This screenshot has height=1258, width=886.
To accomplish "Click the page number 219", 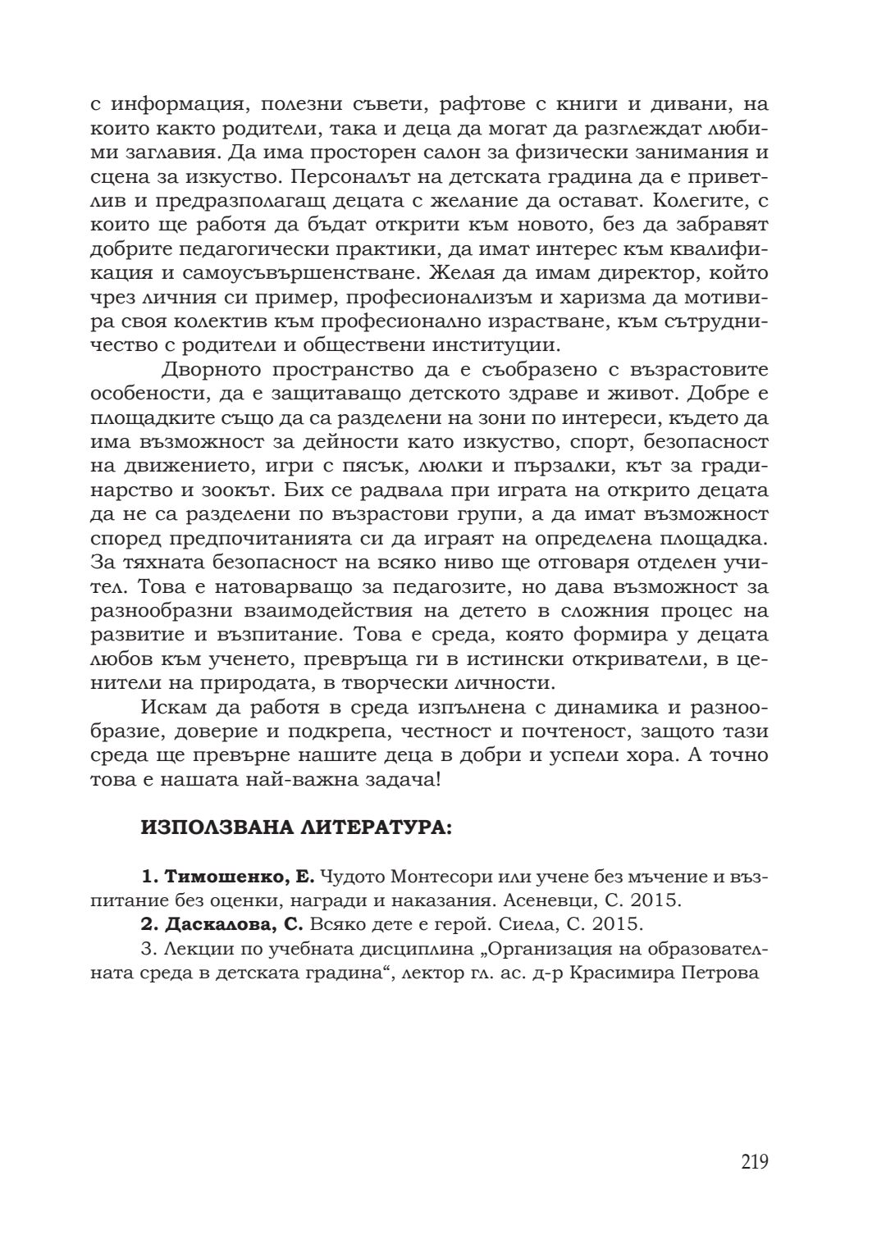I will (x=754, y=1162).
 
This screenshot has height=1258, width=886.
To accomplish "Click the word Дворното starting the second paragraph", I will (x=210, y=371).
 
